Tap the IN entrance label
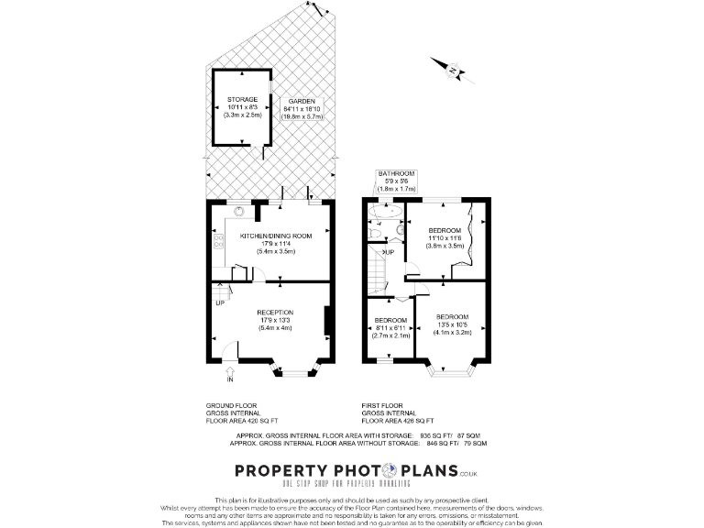click(x=230, y=378)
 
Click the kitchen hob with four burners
click(x=218, y=241)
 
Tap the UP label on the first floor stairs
click(x=389, y=252)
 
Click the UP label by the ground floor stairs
click(x=219, y=302)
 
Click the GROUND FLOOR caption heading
click(x=232, y=404)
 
